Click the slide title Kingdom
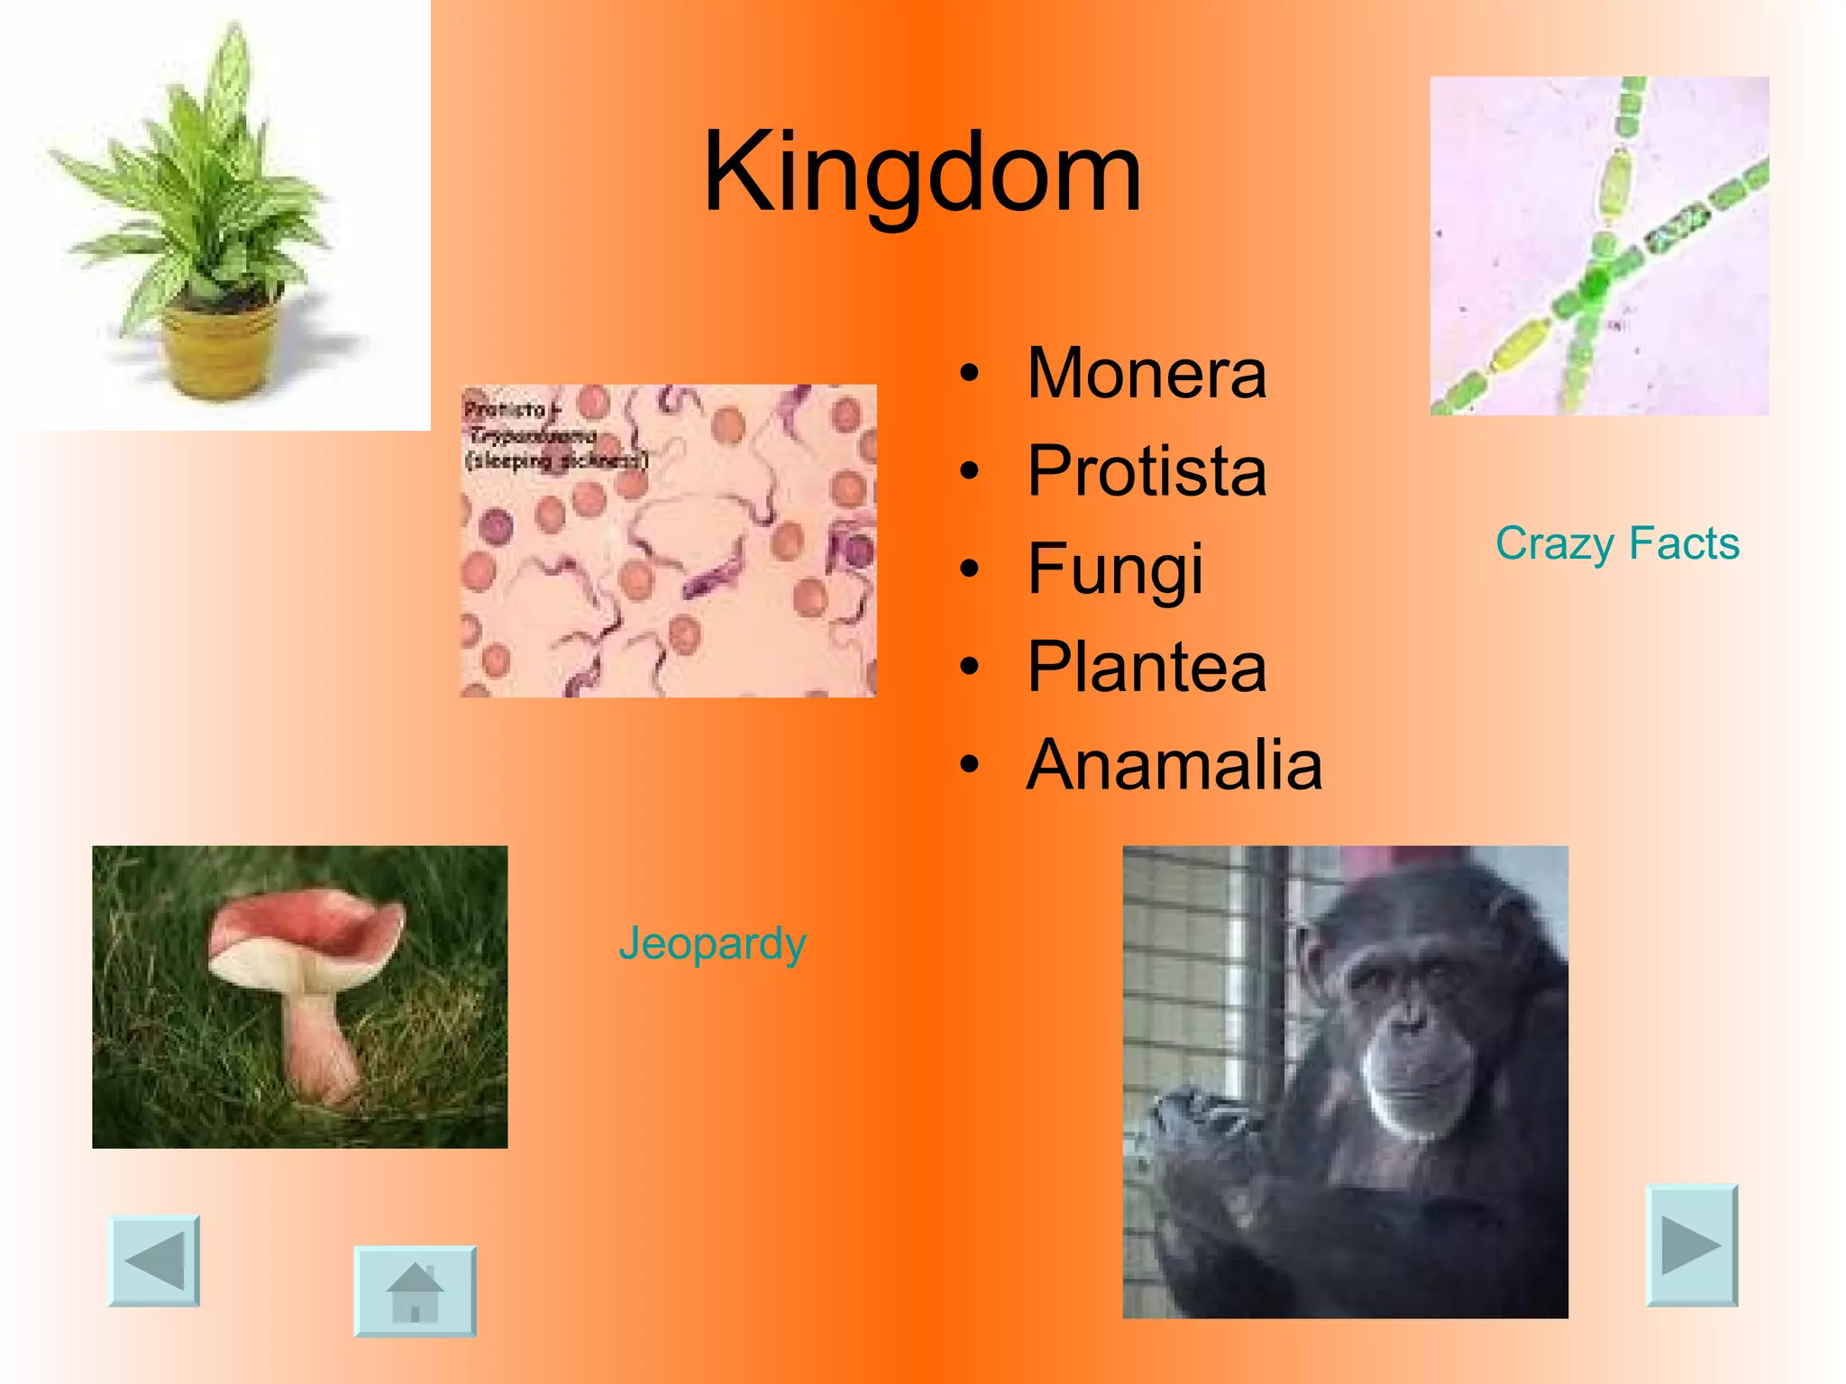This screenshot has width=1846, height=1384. coord(922,173)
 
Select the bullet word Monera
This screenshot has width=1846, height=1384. coord(1147,374)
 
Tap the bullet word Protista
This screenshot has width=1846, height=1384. coord(1147,471)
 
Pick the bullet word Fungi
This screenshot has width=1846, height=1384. coord(1115,569)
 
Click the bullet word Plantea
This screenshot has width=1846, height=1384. coord(1147,668)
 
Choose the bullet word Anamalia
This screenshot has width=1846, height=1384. coord(1174,765)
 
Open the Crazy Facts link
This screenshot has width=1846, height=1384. coord(1617,543)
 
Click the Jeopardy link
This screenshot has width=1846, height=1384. coord(712,943)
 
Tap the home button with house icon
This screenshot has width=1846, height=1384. coord(415,1290)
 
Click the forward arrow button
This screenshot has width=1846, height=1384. coord(1692,1245)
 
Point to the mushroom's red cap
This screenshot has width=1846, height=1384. coord(306,933)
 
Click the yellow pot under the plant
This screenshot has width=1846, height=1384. coord(219,351)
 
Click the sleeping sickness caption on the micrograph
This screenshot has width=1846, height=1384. coord(555,460)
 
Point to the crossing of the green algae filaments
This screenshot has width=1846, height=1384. coord(1594,284)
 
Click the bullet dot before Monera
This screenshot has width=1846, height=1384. coord(969,374)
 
